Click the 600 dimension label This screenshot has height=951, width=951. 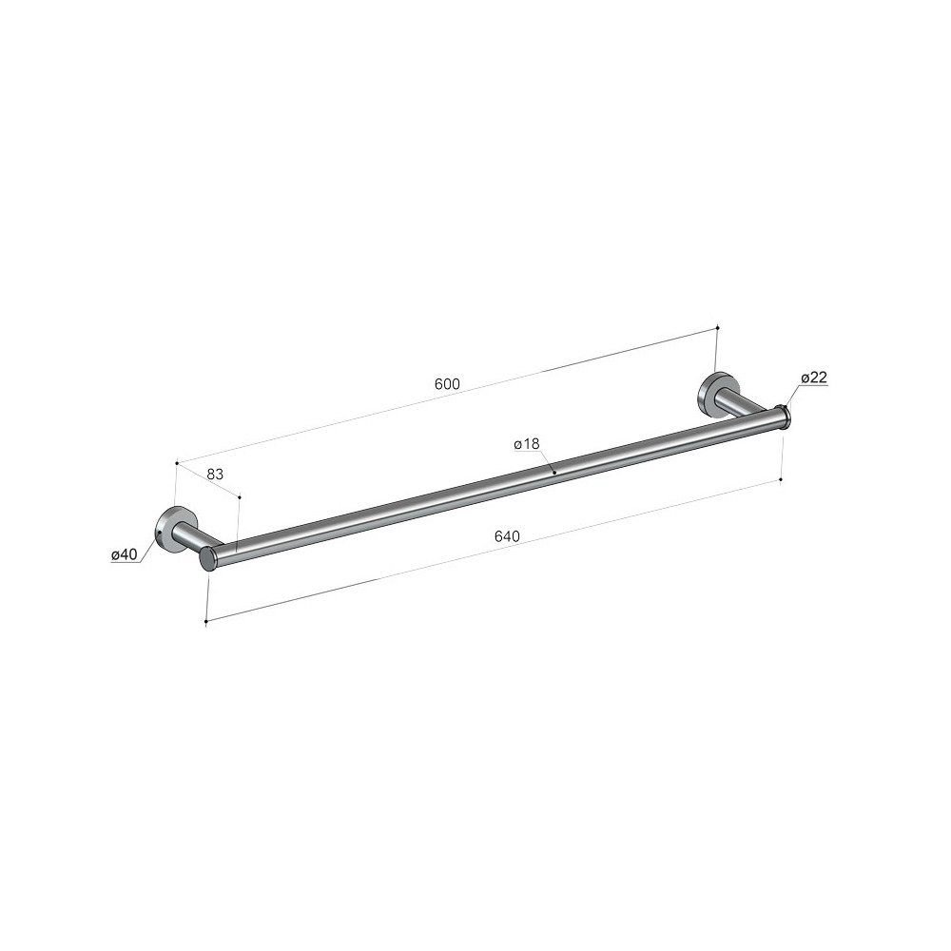point(447,384)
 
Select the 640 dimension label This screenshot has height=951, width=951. point(508,536)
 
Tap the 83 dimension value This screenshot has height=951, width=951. point(215,474)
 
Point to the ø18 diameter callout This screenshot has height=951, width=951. point(527,444)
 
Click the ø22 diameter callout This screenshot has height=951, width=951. point(814,378)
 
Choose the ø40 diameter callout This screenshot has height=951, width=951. point(125,553)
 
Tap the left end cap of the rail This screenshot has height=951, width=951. point(208,558)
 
